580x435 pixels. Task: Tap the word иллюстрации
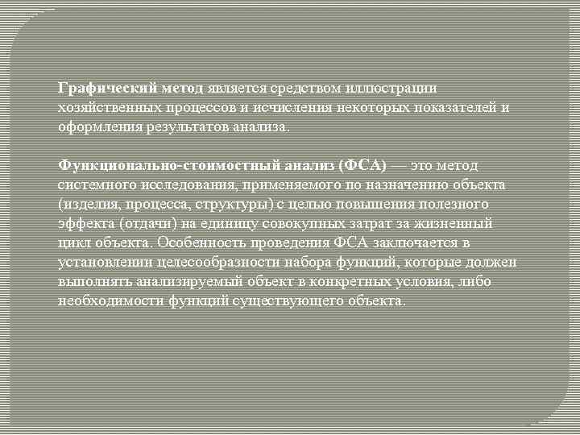click(x=396, y=88)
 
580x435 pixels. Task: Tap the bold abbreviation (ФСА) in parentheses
click(x=363, y=165)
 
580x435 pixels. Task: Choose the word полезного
click(x=451, y=204)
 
